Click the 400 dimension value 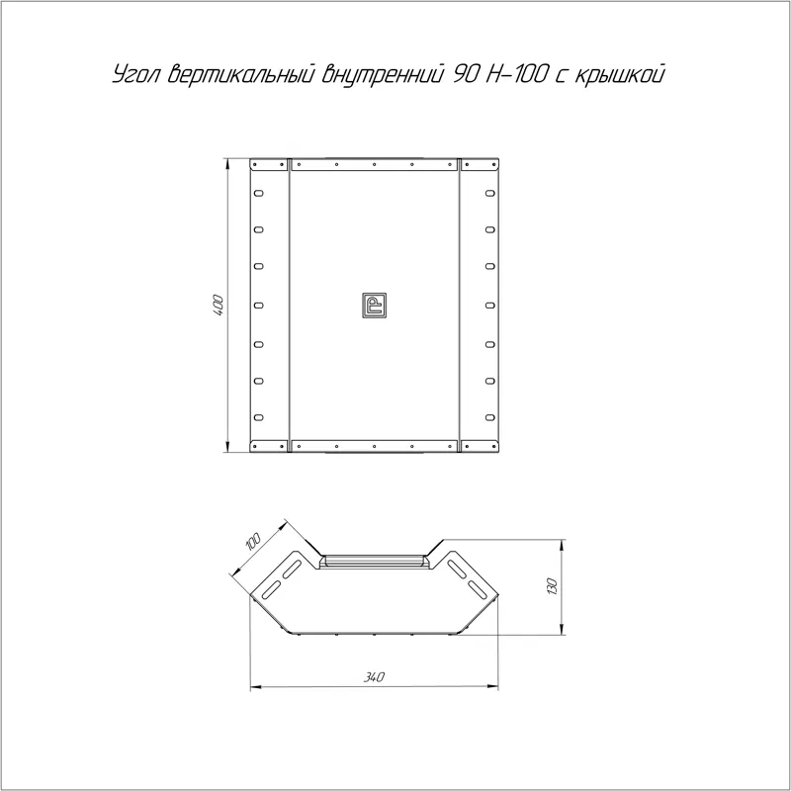[x=219, y=306]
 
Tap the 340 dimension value [x=374, y=677]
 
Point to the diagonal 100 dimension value [x=252, y=541]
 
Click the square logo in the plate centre [x=374, y=306]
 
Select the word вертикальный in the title [x=241, y=73]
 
